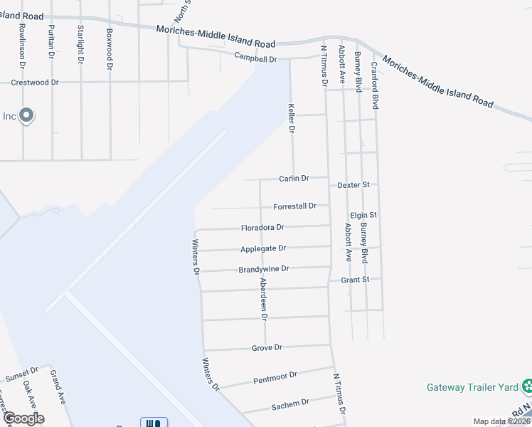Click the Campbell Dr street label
pos(254,59)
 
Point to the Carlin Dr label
pos(294,179)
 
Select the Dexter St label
pos(353,184)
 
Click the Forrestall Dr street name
pos(294,206)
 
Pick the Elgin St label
pos(363,215)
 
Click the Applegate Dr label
pos(263,248)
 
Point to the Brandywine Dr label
pos(264,269)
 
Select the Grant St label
pos(355,280)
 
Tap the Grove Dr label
pos(267,348)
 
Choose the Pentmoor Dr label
pos(275,377)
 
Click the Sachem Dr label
pos(290,404)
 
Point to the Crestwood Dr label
pos(35,83)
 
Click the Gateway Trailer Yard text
pos(472,388)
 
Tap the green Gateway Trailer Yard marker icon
pos(527,386)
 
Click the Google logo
pos(23,418)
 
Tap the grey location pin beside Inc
pos(26,115)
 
